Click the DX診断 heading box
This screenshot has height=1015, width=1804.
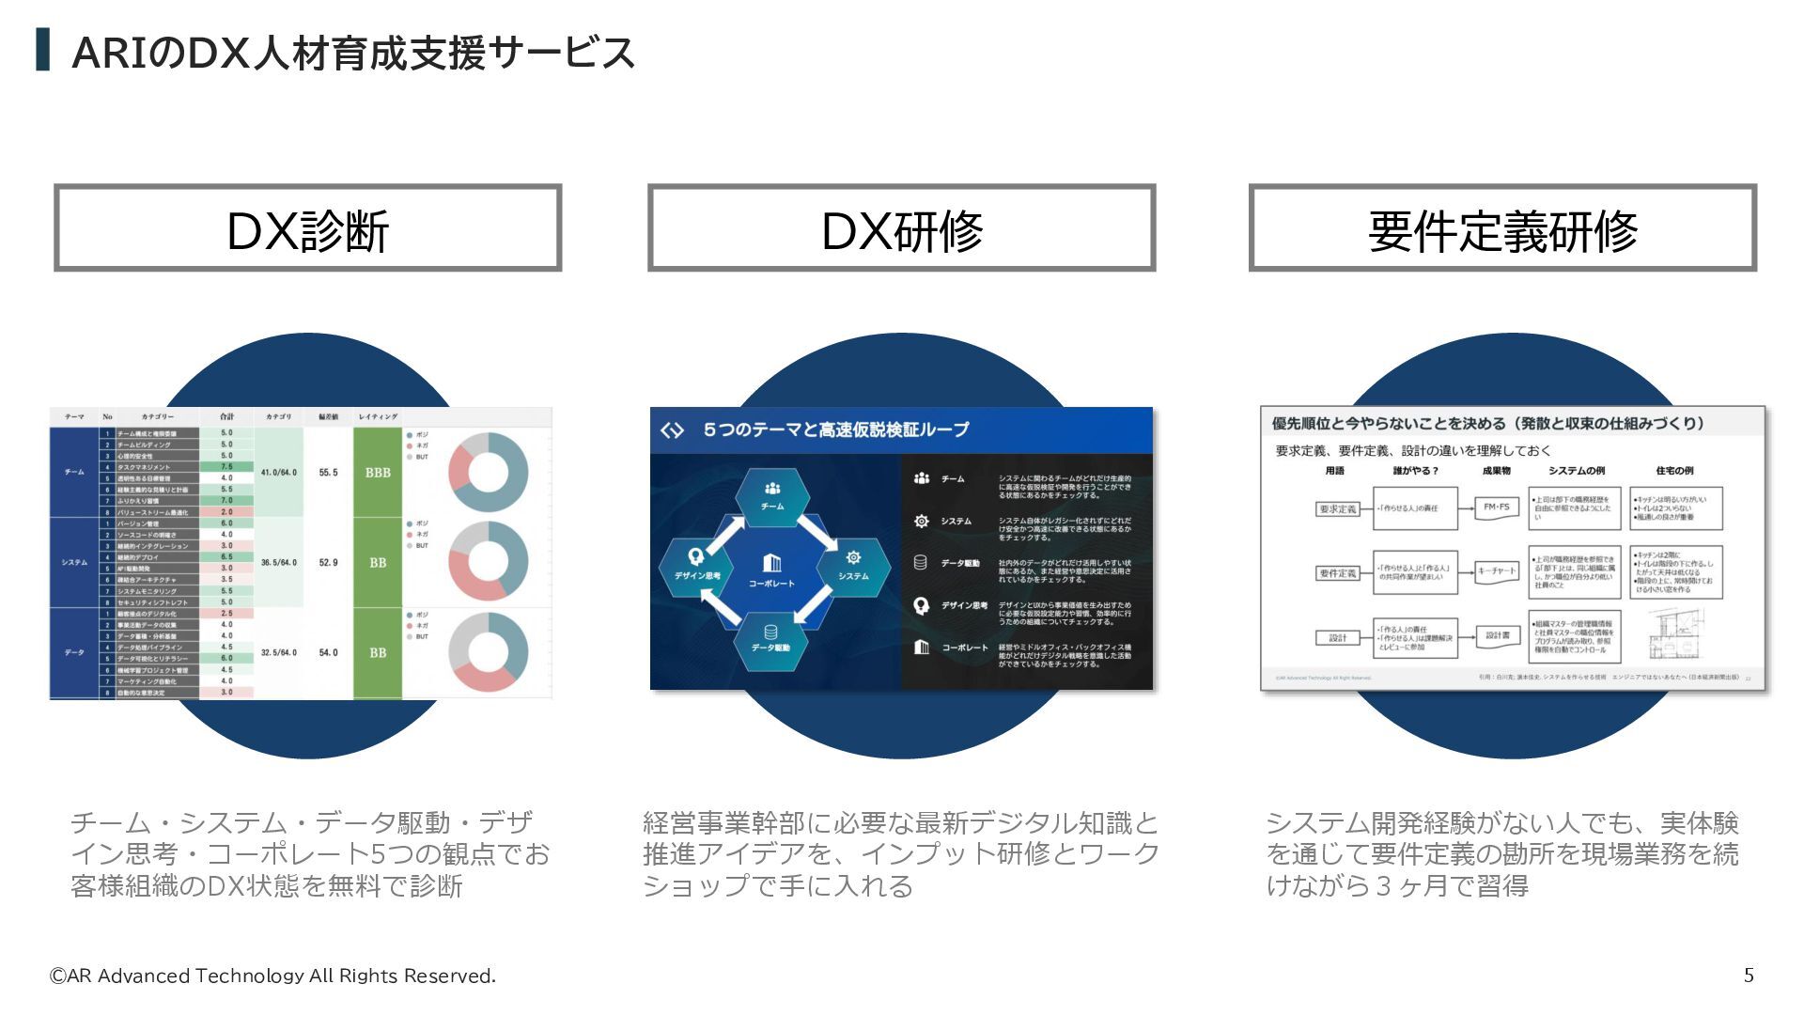coord(307,228)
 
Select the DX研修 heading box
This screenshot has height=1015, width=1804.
coord(901,228)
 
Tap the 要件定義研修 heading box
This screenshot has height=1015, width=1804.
coord(1501,228)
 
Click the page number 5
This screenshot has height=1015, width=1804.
coord(1749,975)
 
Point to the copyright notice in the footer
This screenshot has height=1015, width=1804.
coord(272,976)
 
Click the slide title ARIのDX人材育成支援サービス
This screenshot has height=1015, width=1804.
coord(353,53)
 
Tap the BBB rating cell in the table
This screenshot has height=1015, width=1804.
coord(378,473)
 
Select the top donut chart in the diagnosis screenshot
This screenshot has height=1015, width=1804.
coord(489,472)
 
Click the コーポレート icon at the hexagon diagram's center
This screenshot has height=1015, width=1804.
coord(771,568)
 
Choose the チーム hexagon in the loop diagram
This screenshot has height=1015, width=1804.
coord(772,495)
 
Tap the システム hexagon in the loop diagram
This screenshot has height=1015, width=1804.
coord(853,565)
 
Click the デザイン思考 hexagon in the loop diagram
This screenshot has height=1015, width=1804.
coord(696,565)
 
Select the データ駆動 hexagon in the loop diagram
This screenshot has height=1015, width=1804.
coord(770,638)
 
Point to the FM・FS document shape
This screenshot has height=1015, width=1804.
coord(1496,508)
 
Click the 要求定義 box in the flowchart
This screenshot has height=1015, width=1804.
coord(1338,508)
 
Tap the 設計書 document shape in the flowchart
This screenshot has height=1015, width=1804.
coord(1498,636)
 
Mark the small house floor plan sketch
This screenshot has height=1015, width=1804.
coord(1678,633)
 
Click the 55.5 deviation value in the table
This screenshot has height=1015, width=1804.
coord(328,473)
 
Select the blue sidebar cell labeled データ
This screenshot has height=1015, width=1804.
coord(74,652)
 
